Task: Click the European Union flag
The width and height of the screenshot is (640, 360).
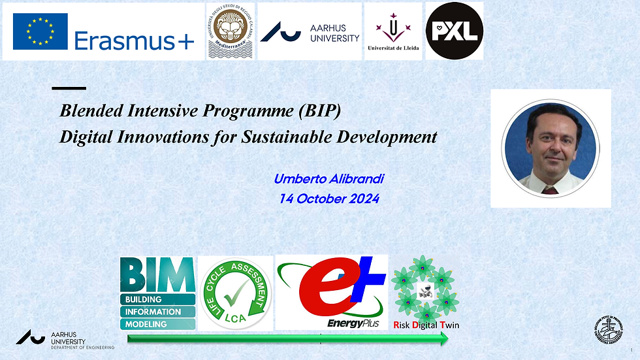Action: point(40,31)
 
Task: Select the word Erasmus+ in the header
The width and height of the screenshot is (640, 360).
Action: point(134,41)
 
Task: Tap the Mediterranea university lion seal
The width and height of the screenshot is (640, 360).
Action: point(230,31)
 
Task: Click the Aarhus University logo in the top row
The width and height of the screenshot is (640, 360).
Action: point(310,32)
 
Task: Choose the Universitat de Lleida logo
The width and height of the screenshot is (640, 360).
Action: point(393,31)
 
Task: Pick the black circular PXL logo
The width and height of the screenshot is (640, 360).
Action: point(454,30)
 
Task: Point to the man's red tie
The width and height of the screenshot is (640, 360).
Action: point(551,190)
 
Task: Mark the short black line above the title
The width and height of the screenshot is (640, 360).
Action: point(69,88)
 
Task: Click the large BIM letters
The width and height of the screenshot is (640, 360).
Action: point(157,274)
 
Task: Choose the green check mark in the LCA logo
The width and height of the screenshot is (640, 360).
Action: point(234,297)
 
